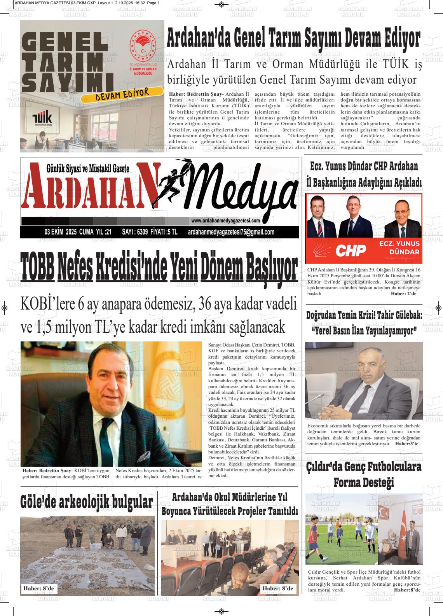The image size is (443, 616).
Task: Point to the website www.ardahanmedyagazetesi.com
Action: coord(225,221)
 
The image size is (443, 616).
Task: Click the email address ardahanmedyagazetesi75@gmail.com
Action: coord(231,232)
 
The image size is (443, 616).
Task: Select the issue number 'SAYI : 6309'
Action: coord(134,232)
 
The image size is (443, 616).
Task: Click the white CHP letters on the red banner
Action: coord(351,250)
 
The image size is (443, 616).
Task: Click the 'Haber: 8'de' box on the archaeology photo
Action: coord(38,589)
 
